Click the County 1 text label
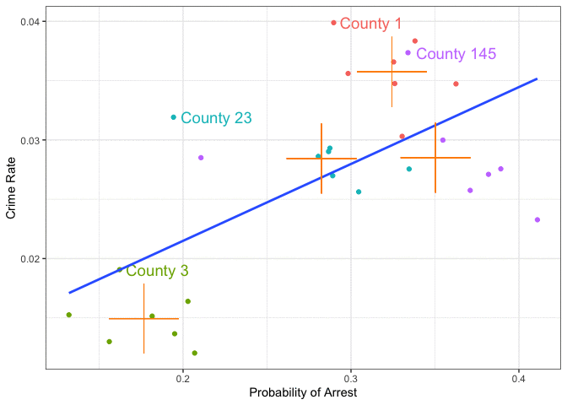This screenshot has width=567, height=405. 370,24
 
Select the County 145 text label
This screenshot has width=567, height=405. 456,54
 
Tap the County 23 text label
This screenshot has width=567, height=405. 216,118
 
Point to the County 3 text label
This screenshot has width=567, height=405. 157,271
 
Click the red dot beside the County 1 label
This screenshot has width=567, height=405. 333,23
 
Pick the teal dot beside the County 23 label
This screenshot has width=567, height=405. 174,117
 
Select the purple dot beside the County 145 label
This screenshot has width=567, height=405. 408,53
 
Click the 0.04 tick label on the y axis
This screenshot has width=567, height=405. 25,21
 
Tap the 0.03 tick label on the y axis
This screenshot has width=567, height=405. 25,140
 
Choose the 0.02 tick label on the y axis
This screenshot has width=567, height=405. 25,259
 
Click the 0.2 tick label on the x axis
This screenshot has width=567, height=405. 182,379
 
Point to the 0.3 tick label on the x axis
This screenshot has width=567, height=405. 351,379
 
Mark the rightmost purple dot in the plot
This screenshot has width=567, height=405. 537,220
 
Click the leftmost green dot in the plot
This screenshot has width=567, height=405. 69,315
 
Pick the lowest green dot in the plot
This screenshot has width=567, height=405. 195,354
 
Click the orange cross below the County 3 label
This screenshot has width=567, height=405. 143,319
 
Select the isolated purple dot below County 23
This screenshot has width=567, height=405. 201,158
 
